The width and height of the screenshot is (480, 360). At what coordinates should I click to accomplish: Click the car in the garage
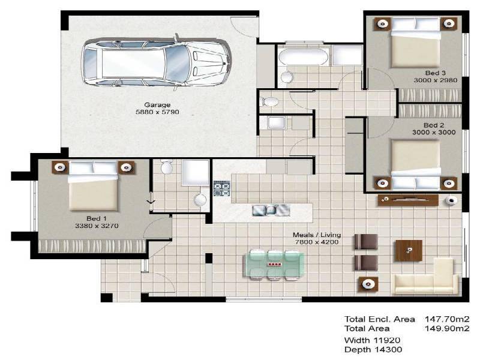click(x=156, y=60)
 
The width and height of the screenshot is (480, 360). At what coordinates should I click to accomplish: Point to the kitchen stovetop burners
click(x=222, y=188)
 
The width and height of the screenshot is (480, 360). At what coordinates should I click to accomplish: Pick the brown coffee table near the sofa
click(x=408, y=250)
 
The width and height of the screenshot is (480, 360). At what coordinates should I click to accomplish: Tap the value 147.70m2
click(x=446, y=319)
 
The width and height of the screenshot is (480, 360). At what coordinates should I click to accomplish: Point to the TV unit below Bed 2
click(x=409, y=200)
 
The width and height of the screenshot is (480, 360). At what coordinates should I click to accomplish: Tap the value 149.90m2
click(x=446, y=328)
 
